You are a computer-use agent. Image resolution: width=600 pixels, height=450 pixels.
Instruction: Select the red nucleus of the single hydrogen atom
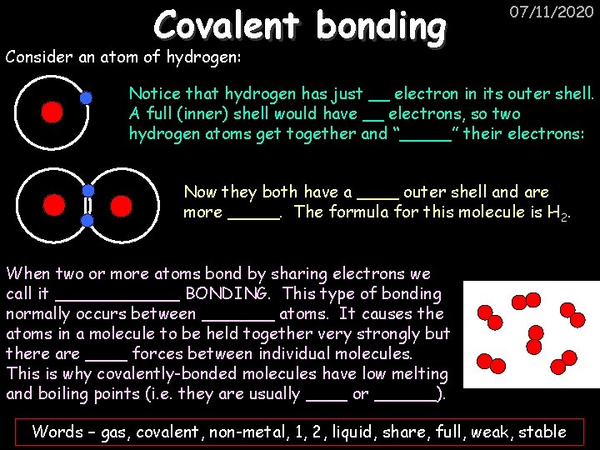pyautogui.click(x=52, y=112)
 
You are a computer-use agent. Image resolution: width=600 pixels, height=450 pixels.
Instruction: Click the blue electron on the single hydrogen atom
pyautogui.click(x=86, y=97)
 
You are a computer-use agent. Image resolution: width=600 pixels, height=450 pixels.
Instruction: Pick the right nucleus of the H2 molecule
pyautogui.click(x=121, y=205)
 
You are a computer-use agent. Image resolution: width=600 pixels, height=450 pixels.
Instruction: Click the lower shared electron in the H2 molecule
pyautogui.click(x=87, y=220)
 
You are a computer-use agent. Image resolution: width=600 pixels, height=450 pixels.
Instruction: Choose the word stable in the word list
pyautogui.click(x=542, y=432)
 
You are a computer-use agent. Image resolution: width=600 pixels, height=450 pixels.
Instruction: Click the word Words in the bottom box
pyautogui.click(x=57, y=432)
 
